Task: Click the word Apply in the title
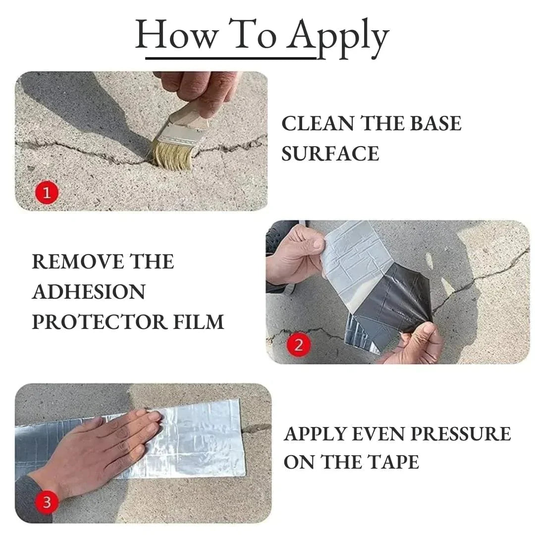pyautogui.click(x=339, y=37)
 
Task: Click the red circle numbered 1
pyautogui.click(x=47, y=193)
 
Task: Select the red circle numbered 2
pyautogui.click(x=298, y=344)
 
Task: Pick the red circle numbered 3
pyautogui.click(x=47, y=503)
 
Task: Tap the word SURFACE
pyautogui.click(x=330, y=154)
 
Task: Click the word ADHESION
pyautogui.click(x=89, y=292)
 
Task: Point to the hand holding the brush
pyautogui.click(x=198, y=89)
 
